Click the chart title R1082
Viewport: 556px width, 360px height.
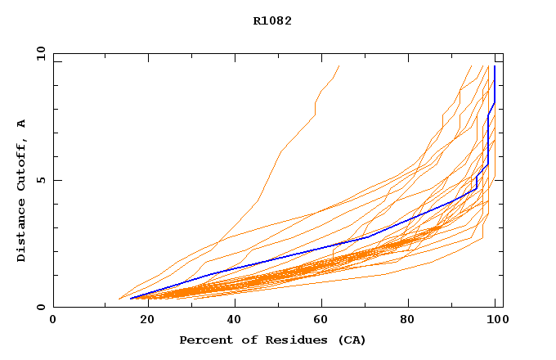[x=272, y=21]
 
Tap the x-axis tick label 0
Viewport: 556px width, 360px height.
[x=53, y=319]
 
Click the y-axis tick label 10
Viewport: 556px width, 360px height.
[x=40, y=54]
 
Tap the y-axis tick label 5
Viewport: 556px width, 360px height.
[x=40, y=180]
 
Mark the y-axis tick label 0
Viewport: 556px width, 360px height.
[x=40, y=307]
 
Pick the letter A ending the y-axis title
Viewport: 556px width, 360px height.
[x=21, y=124]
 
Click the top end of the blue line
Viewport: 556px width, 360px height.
[x=494, y=66]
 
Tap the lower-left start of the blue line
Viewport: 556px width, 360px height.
[x=130, y=298]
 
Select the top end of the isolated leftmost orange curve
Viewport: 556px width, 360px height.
[x=339, y=66]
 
